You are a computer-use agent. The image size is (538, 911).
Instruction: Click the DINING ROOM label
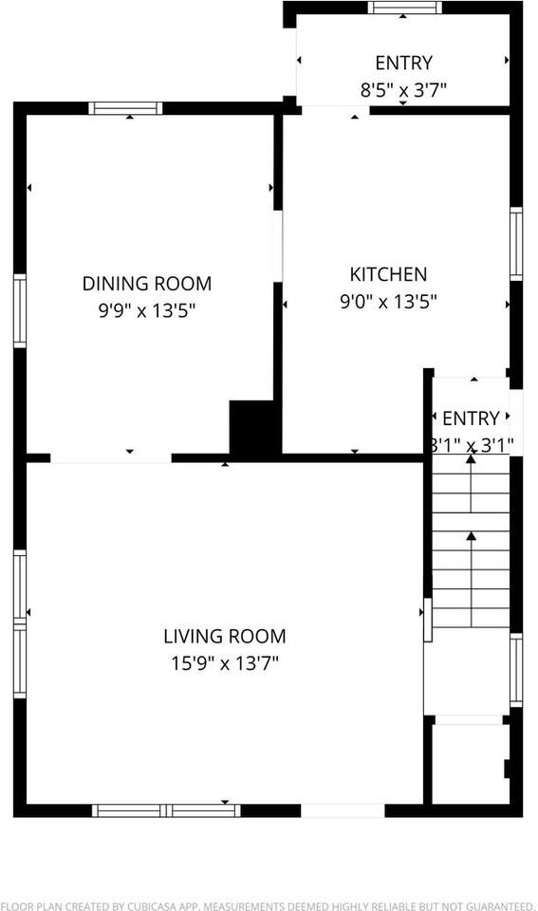(147, 283)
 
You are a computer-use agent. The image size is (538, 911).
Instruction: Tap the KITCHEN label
(388, 274)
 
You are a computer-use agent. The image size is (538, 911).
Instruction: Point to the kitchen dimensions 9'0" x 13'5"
(388, 302)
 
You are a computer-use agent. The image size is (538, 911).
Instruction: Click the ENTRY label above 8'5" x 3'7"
(403, 64)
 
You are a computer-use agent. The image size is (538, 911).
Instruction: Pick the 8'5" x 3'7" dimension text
(403, 91)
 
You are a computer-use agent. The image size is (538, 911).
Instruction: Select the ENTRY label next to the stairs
(471, 418)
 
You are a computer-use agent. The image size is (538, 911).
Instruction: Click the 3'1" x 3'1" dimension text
(471, 443)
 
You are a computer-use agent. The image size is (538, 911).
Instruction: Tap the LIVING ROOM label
(224, 637)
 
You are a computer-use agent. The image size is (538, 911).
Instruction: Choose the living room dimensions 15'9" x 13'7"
(224, 663)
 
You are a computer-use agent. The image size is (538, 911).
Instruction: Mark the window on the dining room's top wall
(125, 108)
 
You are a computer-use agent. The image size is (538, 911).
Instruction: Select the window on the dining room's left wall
(19, 311)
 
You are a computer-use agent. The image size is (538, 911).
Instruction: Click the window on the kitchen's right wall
(516, 244)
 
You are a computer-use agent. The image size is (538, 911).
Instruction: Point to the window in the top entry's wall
(405, 8)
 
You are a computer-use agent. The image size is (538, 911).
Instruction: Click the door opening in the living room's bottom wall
(343, 810)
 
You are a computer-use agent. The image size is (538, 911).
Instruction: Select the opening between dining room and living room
(111, 458)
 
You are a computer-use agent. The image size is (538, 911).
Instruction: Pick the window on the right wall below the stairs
(516, 670)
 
